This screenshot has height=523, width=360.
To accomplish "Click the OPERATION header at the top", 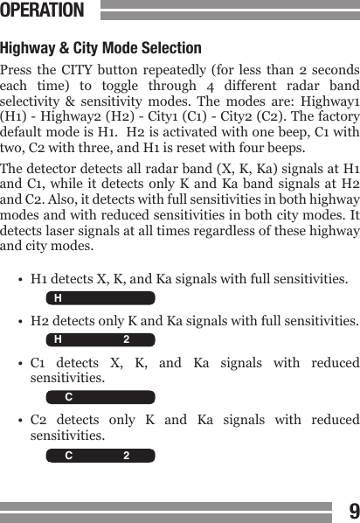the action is [x=43, y=10].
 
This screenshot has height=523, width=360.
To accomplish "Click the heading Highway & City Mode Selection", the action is [x=101, y=47].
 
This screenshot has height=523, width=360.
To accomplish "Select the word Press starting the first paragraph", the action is [x=18, y=70].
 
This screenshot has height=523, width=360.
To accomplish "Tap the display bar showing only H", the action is [x=100, y=298].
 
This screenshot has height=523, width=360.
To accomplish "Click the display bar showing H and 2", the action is [x=100, y=340].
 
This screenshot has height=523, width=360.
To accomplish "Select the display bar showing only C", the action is [x=100, y=398].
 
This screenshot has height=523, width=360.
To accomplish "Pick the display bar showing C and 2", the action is [x=100, y=456].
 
